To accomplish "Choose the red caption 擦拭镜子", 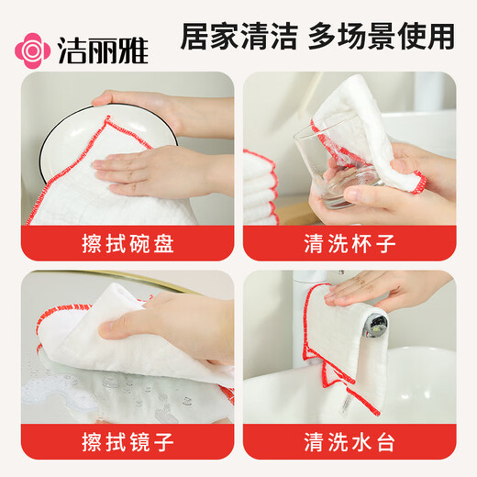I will (128, 441).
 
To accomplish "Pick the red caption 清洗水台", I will (349, 441).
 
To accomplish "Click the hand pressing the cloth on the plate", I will (156, 171).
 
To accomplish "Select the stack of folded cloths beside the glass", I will (261, 188).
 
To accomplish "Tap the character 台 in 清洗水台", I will (386, 441).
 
